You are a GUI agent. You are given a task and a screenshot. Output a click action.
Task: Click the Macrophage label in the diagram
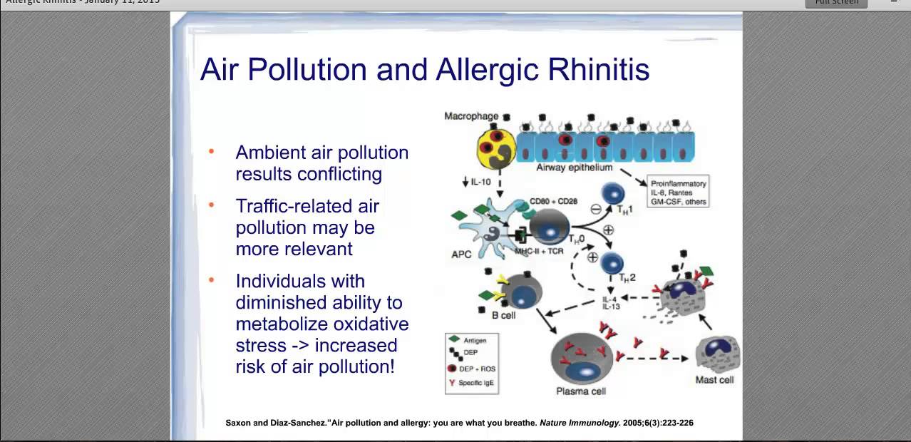[x=471, y=116]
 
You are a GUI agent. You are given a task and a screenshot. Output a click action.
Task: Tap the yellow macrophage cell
[x=495, y=147]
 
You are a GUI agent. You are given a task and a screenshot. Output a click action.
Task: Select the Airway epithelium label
[x=574, y=168]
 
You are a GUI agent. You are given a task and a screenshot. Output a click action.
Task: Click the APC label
[x=461, y=255]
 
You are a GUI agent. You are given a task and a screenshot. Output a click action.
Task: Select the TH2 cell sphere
[x=612, y=262]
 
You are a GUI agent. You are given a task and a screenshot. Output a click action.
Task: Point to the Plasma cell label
[x=581, y=391]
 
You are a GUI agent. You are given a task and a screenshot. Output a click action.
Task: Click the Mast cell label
[x=714, y=380]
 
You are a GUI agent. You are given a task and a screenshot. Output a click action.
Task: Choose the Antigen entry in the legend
[x=475, y=341]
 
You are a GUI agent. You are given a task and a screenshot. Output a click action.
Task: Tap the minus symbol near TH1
[x=596, y=210]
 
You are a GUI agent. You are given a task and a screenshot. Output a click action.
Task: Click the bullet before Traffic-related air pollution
[x=211, y=205]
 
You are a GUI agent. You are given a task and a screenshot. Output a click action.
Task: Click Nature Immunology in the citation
[x=580, y=423]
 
